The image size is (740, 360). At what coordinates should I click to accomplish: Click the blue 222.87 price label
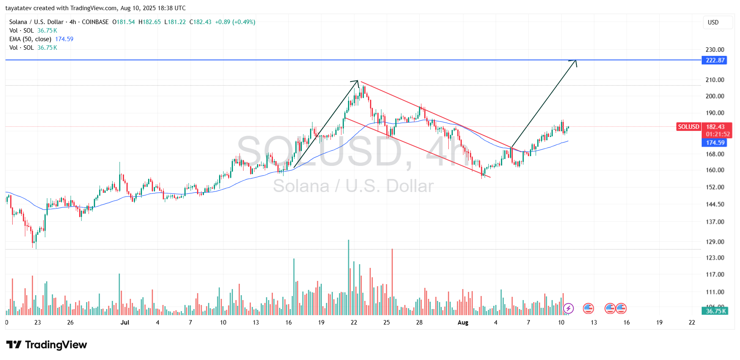point(715,60)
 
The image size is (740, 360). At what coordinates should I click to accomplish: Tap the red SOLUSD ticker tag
point(688,127)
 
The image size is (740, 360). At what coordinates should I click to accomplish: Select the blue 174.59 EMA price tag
point(715,143)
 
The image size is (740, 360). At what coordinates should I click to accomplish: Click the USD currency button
point(713,22)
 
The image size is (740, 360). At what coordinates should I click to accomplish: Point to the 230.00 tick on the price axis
point(715,50)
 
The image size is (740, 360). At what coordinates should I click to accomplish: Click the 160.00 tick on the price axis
point(715,170)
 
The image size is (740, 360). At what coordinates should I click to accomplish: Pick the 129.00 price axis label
point(715,242)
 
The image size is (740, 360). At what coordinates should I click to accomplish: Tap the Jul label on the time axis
point(125,322)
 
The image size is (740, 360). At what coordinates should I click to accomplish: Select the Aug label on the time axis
point(463,322)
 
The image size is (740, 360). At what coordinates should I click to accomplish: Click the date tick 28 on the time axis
point(419,322)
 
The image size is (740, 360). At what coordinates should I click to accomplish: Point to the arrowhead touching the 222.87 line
point(575,61)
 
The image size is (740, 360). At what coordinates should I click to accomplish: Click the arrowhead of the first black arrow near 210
point(357,82)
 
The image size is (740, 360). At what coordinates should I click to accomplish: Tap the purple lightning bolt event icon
point(568,309)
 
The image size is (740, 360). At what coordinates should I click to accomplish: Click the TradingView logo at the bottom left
point(47,345)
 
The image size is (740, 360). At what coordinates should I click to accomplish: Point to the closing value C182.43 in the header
point(200,22)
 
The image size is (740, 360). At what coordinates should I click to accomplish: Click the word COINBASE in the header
point(95,22)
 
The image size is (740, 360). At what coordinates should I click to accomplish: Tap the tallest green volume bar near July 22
point(348,277)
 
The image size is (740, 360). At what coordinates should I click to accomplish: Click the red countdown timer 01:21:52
point(718,134)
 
